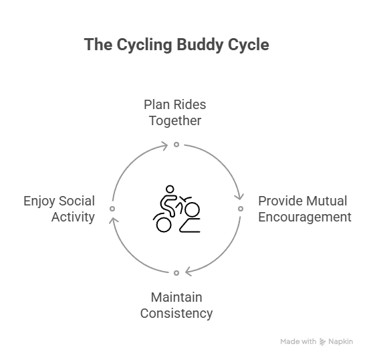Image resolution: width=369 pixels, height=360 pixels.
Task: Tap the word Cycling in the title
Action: tap(144, 45)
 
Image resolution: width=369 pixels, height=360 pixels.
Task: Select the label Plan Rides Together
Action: tap(175, 112)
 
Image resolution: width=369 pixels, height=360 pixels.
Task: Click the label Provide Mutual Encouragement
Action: tap(305, 209)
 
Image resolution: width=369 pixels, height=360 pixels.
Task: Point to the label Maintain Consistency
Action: tap(176, 305)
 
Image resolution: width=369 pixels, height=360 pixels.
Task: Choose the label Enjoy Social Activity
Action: tap(59, 209)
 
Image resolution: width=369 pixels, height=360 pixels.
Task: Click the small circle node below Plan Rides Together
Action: tap(176, 145)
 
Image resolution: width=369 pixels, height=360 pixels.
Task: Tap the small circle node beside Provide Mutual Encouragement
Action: tap(241, 209)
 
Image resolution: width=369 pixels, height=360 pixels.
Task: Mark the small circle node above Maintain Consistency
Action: tap(176, 273)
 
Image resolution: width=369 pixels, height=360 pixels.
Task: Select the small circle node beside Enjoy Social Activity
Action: tap(112, 209)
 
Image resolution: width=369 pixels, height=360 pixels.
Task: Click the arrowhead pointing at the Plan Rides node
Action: tap(164, 146)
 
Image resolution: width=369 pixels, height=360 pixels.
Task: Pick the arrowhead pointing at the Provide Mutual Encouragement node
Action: tap(239, 197)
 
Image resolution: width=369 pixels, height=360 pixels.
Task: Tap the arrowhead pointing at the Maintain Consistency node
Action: tap(189, 272)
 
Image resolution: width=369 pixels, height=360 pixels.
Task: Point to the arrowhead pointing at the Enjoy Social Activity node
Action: tap(114, 220)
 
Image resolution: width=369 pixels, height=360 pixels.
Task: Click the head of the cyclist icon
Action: tap(170, 189)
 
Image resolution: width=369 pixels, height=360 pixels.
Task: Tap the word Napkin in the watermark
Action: tap(340, 341)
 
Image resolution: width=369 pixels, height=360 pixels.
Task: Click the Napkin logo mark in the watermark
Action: tap(322, 342)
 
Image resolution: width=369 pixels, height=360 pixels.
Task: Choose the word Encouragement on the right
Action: tap(305, 217)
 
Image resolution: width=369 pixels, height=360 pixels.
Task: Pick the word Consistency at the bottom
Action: tap(176, 314)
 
